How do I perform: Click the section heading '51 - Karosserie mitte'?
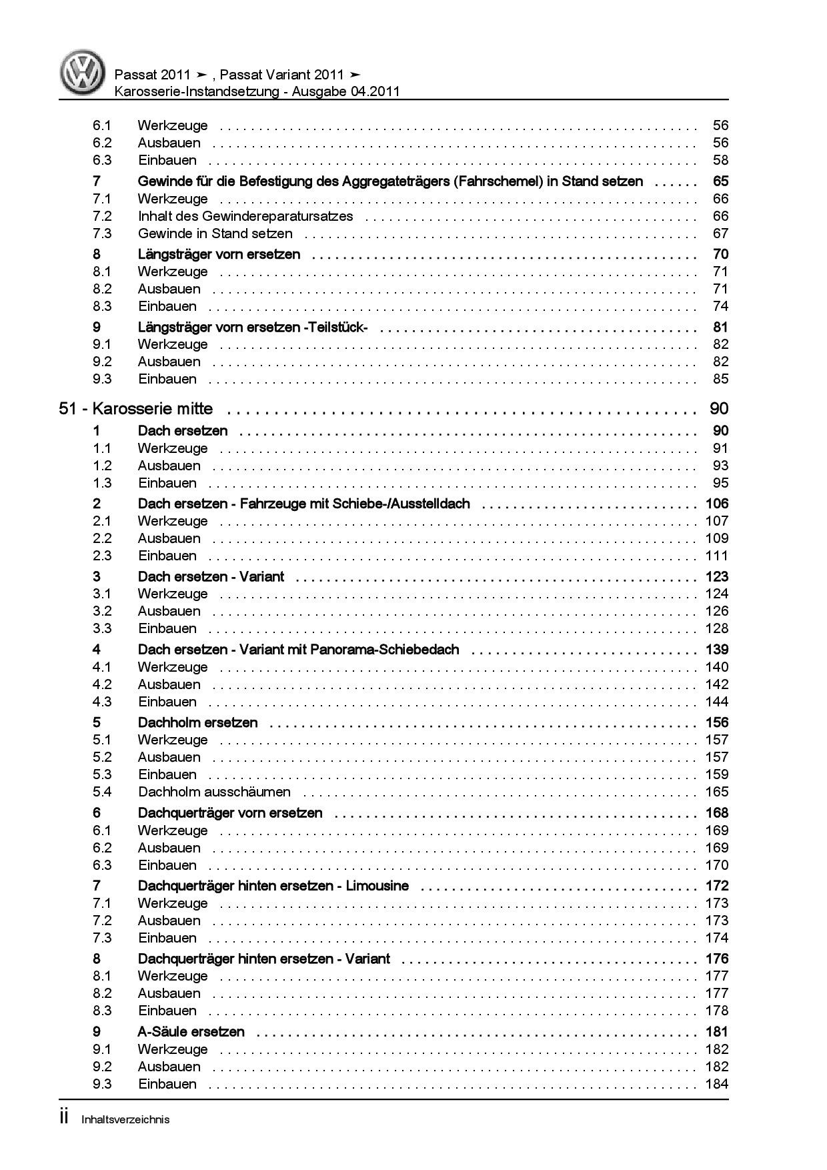tap(136, 409)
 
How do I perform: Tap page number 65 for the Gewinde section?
tap(720, 181)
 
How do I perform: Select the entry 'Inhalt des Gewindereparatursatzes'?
tap(245, 216)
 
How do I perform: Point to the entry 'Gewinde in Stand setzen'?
tap(215, 233)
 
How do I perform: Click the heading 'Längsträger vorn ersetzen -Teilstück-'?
tap(253, 328)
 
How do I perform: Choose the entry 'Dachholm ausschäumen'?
tap(214, 792)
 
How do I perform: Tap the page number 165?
tap(717, 792)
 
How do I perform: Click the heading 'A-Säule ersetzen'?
tap(191, 1032)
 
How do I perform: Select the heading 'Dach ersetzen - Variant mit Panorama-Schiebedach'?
tap(298, 650)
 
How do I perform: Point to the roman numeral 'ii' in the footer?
tap(65, 1118)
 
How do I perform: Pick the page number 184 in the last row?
tap(717, 1084)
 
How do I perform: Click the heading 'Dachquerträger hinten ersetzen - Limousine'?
tap(273, 886)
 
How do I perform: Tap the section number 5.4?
tap(102, 792)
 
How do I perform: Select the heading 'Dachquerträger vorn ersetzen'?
tap(230, 813)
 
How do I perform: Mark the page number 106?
tap(717, 504)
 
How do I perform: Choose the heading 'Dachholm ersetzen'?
tap(197, 722)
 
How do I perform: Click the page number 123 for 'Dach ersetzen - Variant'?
tap(717, 577)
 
